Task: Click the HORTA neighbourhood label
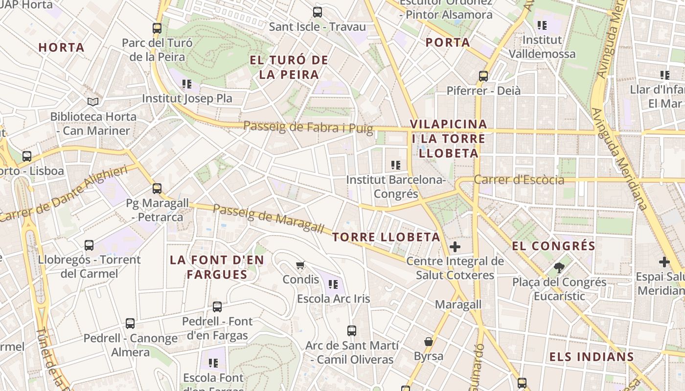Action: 61,47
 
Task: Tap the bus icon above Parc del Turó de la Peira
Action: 157,28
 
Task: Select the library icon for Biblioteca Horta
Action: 93,102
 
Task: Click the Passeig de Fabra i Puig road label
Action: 308,128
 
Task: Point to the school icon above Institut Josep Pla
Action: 186,84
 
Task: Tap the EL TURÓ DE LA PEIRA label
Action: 289,67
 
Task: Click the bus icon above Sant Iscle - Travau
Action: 318,12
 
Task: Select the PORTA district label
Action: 448,43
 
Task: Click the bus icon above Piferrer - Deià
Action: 483,76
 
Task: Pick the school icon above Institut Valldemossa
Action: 542,25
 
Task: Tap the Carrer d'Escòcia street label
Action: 519,180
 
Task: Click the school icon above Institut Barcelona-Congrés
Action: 396,165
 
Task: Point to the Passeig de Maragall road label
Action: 269,218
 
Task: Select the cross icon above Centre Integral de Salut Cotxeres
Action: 455,247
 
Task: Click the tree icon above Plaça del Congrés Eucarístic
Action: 559,268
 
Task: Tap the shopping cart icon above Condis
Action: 300,265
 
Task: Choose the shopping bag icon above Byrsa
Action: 429,341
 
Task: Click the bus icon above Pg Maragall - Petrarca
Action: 157,188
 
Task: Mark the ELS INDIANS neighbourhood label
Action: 591,357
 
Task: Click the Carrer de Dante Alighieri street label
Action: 64,194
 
